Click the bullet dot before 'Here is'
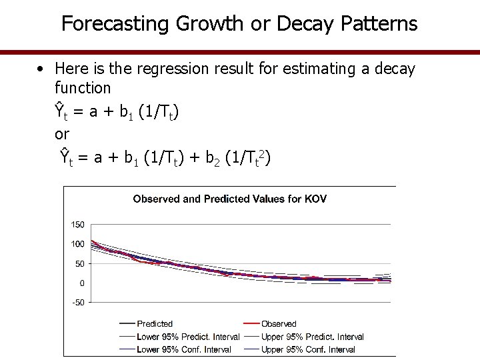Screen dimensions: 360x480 pos(41,69)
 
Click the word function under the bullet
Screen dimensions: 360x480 pos(83,87)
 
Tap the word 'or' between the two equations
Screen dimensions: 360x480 pos(62,134)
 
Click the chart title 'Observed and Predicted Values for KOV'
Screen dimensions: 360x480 pos(230,199)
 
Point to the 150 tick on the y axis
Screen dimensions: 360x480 pos(78,224)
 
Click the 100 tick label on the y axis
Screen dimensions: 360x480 pos(78,244)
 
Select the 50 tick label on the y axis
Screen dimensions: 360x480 pos(80,263)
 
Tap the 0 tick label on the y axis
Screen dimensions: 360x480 pos(82,283)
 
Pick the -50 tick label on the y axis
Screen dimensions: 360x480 pos(78,303)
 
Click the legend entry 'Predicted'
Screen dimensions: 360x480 pos(155,324)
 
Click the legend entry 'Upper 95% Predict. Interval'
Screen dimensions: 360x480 pos(313,337)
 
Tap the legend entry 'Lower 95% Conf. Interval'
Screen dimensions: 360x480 pos(183,349)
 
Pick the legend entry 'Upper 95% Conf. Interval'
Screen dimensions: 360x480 pos(308,349)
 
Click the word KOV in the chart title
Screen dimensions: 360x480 pos(315,199)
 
